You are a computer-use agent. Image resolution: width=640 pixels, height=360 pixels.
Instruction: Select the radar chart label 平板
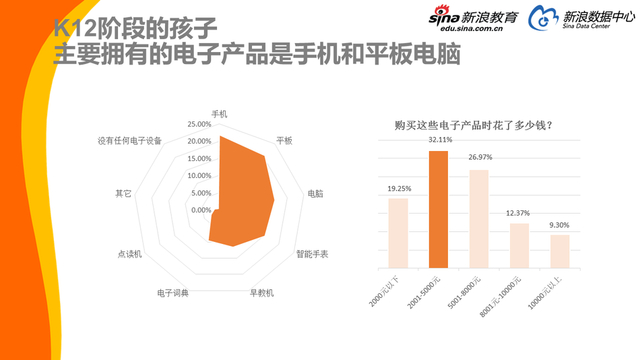click(284, 141)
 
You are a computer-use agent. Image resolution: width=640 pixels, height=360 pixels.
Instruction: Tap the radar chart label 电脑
click(315, 193)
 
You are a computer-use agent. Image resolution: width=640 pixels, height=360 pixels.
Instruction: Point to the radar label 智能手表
click(311, 254)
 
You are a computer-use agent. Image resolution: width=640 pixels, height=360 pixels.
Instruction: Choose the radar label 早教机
click(261, 293)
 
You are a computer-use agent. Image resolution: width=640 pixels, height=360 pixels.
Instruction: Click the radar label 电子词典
click(173, 293)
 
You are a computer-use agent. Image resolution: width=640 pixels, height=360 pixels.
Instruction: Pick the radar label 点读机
click(130, 254)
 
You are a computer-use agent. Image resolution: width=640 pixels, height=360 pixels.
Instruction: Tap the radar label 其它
click(124, 193)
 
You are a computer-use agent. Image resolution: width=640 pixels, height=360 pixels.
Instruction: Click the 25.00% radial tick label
click(199, 125)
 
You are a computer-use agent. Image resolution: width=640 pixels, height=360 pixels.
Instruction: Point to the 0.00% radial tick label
click(201, 210)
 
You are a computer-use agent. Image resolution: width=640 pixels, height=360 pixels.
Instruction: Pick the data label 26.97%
click(479, 157)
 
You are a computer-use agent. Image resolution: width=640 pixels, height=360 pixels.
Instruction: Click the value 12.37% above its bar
click(519, 213)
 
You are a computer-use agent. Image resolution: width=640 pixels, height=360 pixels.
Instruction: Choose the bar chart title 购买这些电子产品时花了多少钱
click(475, 125)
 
